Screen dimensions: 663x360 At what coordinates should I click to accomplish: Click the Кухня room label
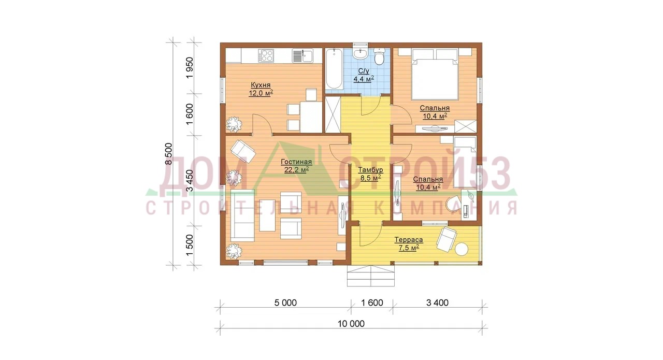[261, 85]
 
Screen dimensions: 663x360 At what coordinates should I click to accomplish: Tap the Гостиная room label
[296, 162]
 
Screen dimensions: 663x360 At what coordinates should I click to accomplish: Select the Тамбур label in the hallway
[370, 170]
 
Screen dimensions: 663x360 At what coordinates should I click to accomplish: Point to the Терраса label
[409, 240]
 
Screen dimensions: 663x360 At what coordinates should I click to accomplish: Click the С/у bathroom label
[364, 71]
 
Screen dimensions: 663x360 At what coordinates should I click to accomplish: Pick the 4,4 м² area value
[364, 79]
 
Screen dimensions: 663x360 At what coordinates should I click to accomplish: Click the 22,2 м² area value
[297, 170]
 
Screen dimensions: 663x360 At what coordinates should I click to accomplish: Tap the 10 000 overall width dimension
[351, 324]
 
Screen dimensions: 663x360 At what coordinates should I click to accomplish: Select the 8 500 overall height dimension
[168, 154]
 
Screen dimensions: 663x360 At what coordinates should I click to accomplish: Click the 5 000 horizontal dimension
[285, 303]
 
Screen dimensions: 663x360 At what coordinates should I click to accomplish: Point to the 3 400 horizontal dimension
[437, 303]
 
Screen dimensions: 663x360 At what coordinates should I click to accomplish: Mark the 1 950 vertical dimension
[190, 68]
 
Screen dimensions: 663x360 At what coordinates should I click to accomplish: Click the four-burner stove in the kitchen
[266, 55]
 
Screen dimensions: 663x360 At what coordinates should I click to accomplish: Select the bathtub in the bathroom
[334, 69]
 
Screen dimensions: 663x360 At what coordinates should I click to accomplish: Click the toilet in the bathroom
[379, 56]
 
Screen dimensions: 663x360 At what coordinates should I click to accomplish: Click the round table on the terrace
[462, 249]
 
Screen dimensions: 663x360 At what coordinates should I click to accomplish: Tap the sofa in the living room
[242, 215]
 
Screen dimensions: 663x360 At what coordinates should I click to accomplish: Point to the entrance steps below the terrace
[371, 276]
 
